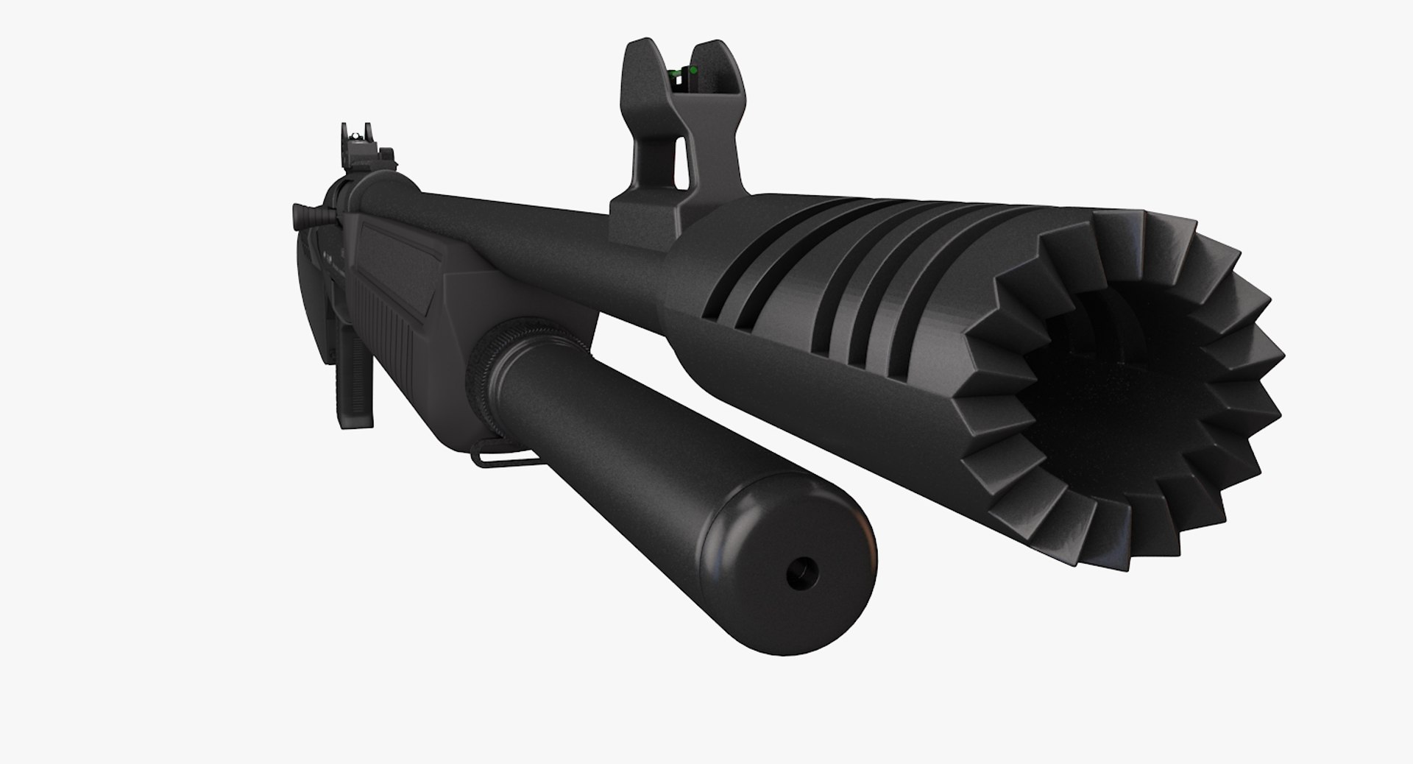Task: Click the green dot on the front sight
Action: coord(691,71)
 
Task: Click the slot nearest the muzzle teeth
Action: coord(894,294)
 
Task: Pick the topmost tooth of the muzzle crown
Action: coord(1126,221)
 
